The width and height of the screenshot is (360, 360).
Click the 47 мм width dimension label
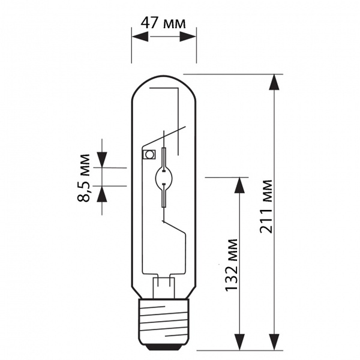click(163, 23)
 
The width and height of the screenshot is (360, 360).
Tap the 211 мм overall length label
click(266, 206)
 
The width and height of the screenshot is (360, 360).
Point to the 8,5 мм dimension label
click(83, 178)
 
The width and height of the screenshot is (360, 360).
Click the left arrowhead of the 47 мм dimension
click(140, 37)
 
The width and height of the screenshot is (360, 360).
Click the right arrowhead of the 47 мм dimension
click(188, 37)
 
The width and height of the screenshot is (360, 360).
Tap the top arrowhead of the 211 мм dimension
click(274, 82)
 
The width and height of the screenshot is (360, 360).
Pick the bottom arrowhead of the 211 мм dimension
click(274, 342)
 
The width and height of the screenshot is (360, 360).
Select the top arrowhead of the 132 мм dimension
click(239, 185)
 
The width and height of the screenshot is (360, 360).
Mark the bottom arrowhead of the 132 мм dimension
click(239, 342)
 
